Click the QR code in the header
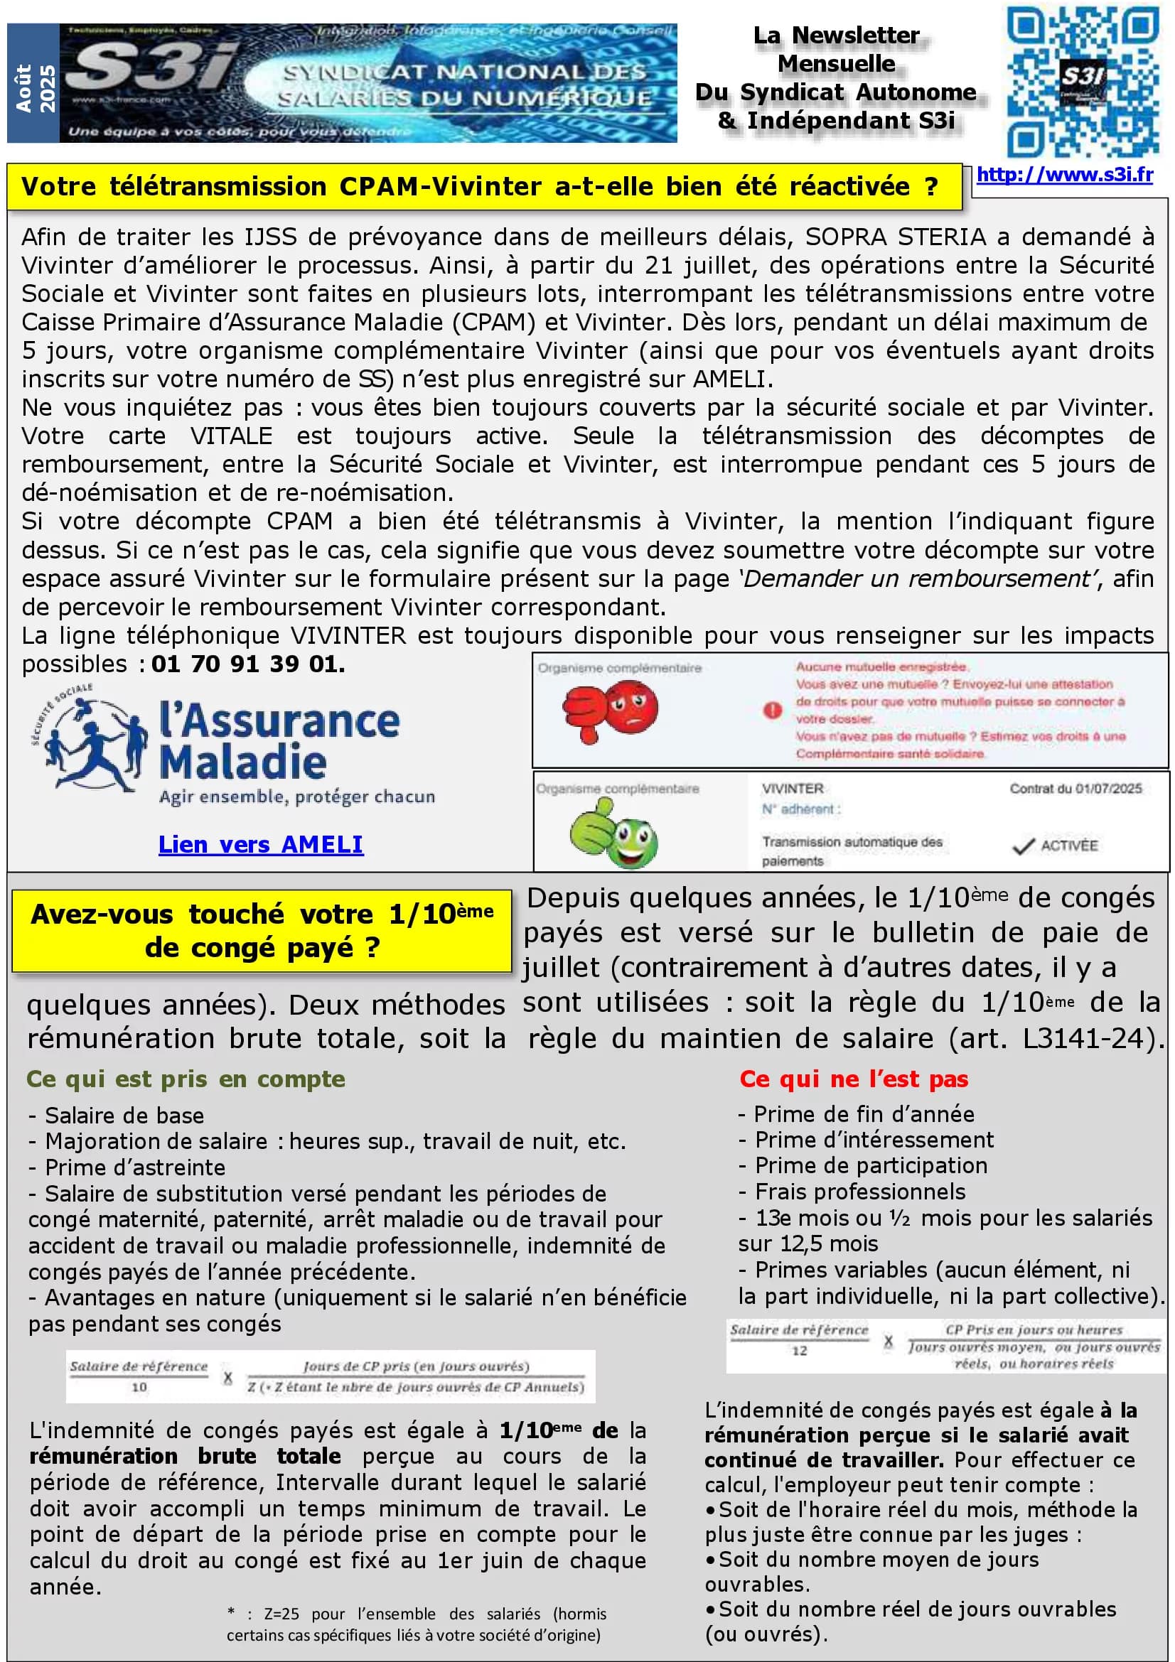click(1083, 81)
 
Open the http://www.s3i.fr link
click(1064, 175)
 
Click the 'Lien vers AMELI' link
click(261, 844)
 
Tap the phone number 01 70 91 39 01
click(248, 664)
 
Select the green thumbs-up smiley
click(613, 833)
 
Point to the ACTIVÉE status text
click(1068, 846)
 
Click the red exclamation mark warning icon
click(773, 709)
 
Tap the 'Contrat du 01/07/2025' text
click(1075, 788)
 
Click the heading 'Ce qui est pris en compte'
click(186, 1079)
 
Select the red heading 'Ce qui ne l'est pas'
click(854, 1079)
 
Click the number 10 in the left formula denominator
click(139, 1387)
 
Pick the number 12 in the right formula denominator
click(798, 1351)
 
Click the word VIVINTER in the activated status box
click(792, 788)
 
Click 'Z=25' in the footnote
click(281, 1614)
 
